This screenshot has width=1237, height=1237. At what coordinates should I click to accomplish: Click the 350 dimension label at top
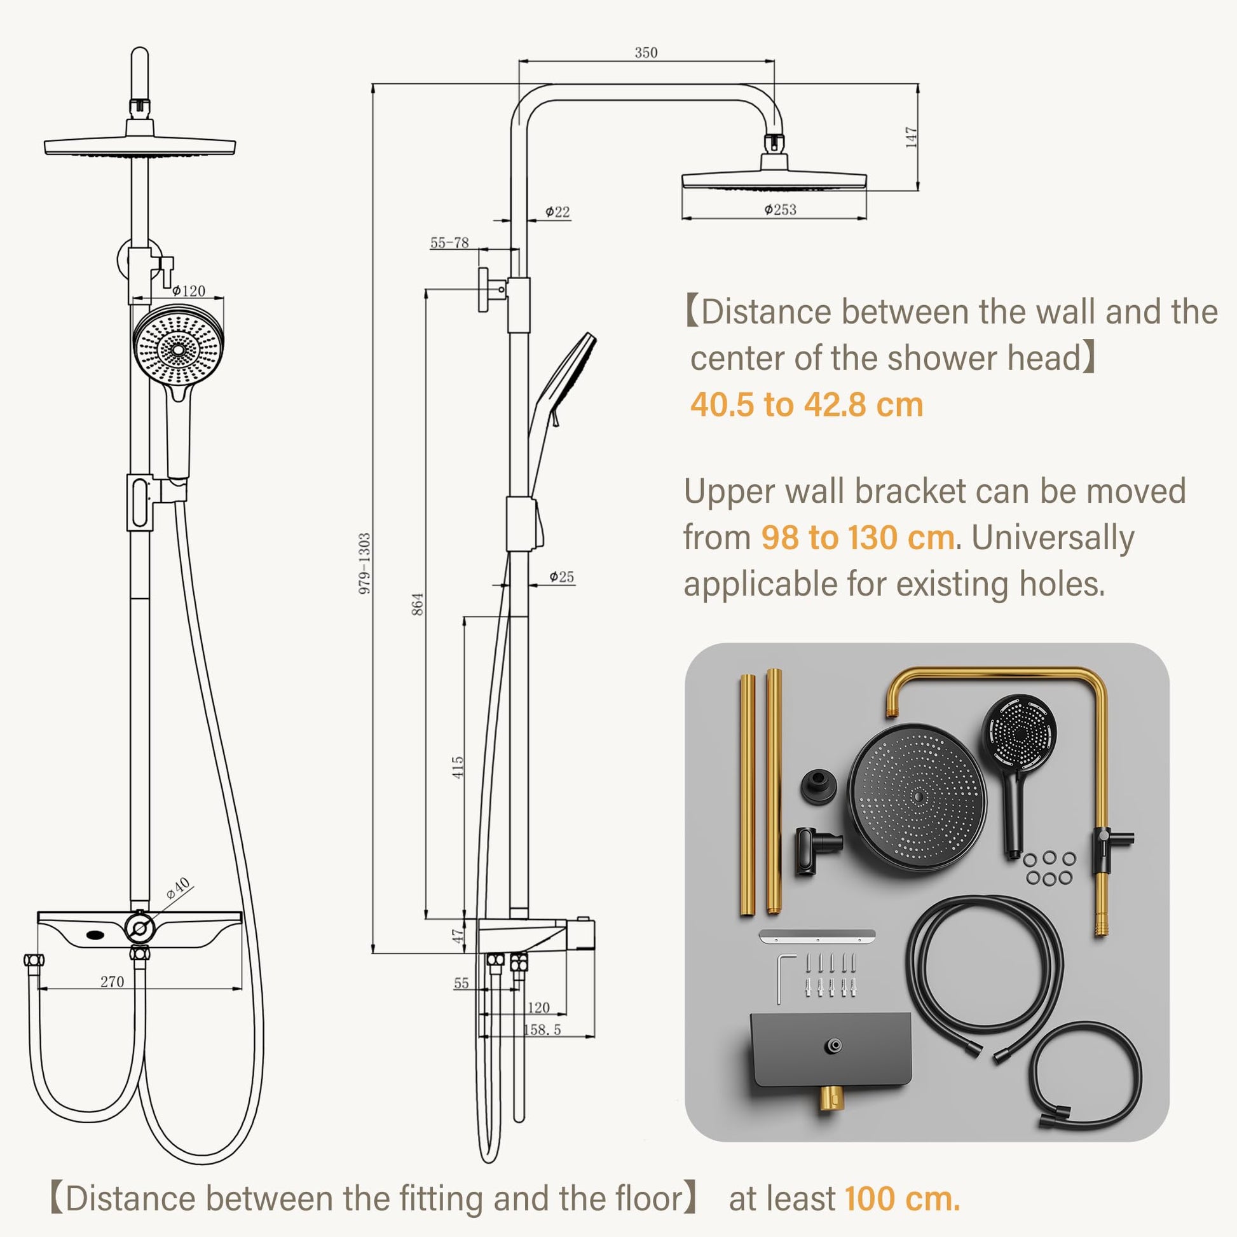point(646,53)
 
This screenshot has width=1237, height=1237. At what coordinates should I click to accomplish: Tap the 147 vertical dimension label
point(912,138)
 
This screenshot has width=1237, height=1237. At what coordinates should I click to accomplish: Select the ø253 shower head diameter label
point(780,209)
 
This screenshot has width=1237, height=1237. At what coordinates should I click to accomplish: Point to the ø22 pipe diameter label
point(557,212)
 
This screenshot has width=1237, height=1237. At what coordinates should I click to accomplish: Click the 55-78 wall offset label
point(449,243)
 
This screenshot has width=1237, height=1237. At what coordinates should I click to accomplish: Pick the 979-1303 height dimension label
point(364,563)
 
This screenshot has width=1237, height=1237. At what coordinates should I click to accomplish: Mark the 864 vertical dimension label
point(418,605)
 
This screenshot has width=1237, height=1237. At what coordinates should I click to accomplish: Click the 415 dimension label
point(457,768)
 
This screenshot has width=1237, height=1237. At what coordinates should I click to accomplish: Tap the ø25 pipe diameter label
point(561,577)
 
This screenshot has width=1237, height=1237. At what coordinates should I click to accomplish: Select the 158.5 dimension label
point(542,1030)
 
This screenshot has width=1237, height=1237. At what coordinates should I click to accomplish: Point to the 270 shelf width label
point(112,981)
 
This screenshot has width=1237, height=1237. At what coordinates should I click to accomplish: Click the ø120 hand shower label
point(188,290)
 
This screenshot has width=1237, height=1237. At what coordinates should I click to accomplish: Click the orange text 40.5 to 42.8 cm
point(807,405)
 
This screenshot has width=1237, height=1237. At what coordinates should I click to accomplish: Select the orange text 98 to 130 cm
point(858,537)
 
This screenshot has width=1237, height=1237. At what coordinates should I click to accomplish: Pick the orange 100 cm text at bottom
point(903,1199)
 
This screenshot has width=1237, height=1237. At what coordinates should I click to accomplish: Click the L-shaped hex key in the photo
point(785,979)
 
